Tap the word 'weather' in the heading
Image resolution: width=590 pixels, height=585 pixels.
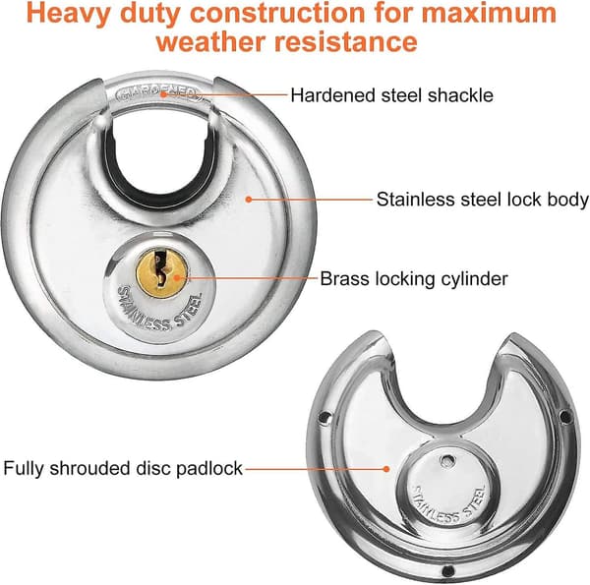[x=211, y=41]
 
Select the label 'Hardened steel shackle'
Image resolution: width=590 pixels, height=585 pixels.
[x=391, y=95]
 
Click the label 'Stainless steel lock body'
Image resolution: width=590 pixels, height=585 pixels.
[x=483, y=200]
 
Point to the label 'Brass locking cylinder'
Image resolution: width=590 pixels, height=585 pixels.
[x=414, y=279]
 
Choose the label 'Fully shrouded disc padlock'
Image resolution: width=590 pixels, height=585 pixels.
[x=123, y=469]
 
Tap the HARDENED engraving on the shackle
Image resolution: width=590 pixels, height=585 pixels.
[x=158, y=94]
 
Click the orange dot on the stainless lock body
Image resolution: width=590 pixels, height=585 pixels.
[x=249, y=200]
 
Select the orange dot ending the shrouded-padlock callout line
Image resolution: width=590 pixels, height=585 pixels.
[x=386, y=469]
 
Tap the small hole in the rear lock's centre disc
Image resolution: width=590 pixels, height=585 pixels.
[x=447, y=460]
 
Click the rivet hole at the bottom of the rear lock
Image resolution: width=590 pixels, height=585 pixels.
[x=447, y=570]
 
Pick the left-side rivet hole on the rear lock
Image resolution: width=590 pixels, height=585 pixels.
[x=324, y=417]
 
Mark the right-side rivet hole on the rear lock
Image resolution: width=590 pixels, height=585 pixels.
[x=564, y=417]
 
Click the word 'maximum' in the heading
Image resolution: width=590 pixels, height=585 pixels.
[x=488, y=14]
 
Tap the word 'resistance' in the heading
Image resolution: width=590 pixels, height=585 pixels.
[x=346, y=41]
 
